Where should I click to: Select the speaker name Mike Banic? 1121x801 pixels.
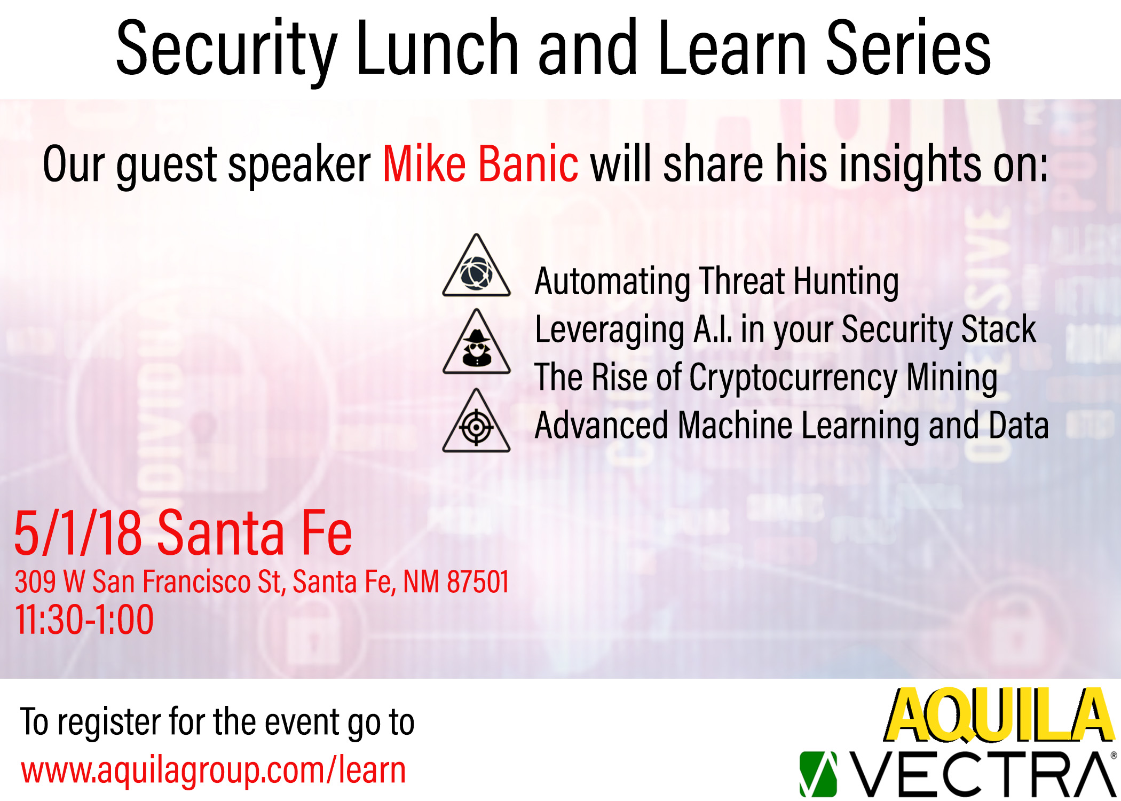click(x=480, y=163)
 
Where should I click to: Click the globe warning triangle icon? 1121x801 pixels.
click(x=477, y=265)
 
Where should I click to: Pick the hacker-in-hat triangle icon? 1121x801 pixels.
click(x=477, y=342)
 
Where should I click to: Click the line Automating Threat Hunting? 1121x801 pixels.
click(x=717, y=282)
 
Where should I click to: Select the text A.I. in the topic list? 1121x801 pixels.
click(x=713, y=329)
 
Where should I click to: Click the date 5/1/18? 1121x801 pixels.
click(x=78, y=532)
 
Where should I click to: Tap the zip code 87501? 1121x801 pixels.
click(x=478, y=582)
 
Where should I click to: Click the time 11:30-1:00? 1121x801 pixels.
click(x=84, y=620)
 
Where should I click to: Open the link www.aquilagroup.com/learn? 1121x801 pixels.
click(x=214, y=771)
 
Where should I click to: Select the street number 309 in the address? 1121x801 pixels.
click(x=35, y=582)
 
